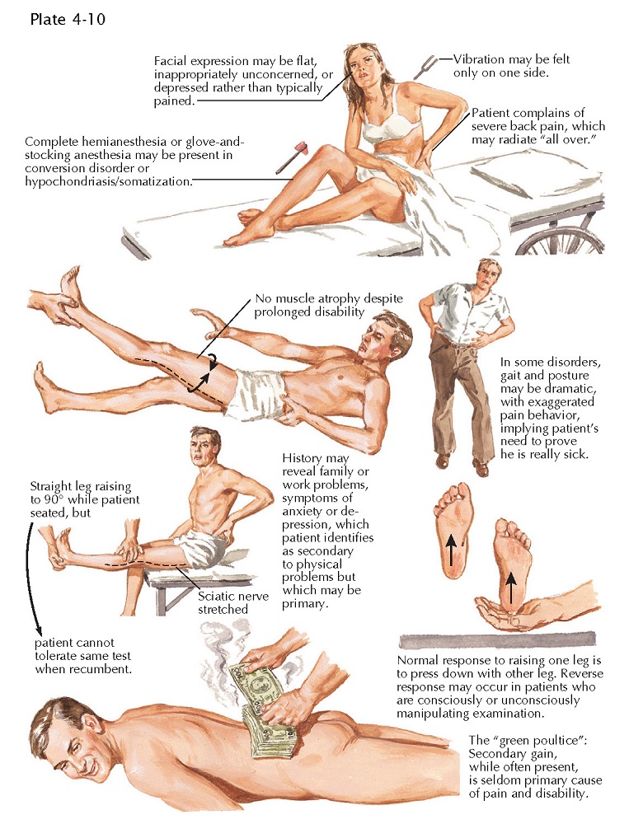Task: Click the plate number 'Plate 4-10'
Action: tap(68, 20)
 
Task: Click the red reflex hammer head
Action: tap(304, 147)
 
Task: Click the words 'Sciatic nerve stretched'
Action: tap(233, 603)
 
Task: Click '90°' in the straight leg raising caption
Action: tap(53, 500)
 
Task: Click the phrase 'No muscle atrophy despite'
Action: tap(329, 298)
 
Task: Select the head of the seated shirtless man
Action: tap(204, 445)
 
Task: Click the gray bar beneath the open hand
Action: tap(497, 641)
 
